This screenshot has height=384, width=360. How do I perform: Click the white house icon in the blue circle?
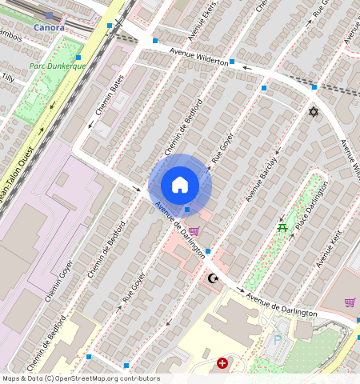pyautogui.click(x=180, y=185)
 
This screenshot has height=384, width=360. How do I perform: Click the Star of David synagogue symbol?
pyautogui.click(x=314, y=111)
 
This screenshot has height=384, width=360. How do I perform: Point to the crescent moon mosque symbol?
pyautogui.click(x=212, y=278)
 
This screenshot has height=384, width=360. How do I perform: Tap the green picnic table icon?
pyautogui.click(x=282, y=229)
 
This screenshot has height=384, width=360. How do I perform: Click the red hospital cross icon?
pyautogui.click(x=222, y=363)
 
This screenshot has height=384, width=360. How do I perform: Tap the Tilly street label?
pyautogui.click(x=8, y=78)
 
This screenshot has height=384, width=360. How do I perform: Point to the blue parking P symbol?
pyautogui.click(x=278, y=339)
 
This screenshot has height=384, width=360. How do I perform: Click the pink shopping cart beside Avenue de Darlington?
pyautogui.click(x=194, y=231)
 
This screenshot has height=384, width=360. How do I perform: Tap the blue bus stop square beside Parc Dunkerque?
pyautogui.click(x=79, y=58)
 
